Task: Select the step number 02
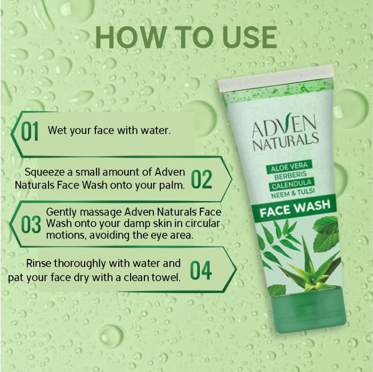201,179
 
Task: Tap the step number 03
30,225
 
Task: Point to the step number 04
201,270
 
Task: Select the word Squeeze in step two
46,171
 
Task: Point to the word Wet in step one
55,130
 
